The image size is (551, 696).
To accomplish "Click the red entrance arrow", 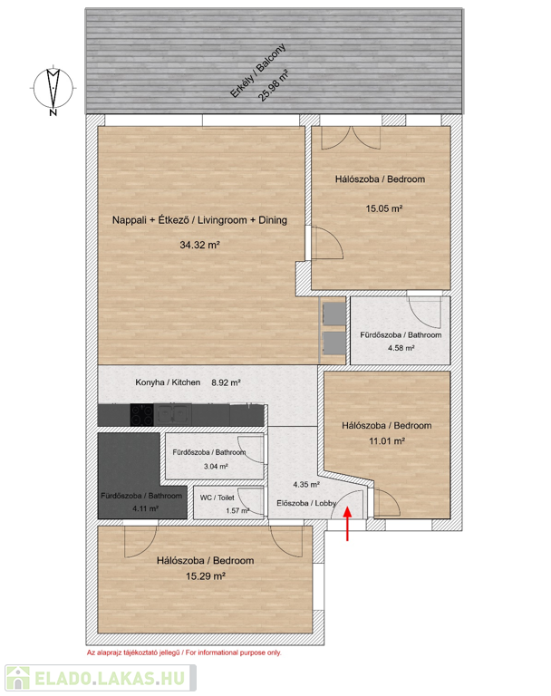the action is click(x=347, y=524).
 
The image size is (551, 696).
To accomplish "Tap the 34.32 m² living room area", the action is click(x=199, y=245).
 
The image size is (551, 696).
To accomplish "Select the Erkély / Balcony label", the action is click(x=257, y=70).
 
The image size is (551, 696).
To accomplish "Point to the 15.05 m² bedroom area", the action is click(x=383, y=208).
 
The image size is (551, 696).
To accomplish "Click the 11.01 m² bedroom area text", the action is click(x=387, y=441).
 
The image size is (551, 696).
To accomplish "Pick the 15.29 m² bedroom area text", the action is click(x=206, y=576).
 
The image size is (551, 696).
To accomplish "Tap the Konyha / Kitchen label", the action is click(x=168, y=382).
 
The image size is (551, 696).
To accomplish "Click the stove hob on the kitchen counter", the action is click(x=141, y=415).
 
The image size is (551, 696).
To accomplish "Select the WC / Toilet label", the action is click(x=217, y=498).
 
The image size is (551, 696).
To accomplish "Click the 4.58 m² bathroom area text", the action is click(x=401, y=348).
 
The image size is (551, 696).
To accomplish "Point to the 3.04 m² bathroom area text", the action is click(x=216, y=467).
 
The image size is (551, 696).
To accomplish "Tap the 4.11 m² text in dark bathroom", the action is click(x=146, y=508).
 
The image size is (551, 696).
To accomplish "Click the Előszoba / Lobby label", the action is click(x=306, y=503).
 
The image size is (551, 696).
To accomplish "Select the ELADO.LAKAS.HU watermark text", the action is click(x=110, y=678).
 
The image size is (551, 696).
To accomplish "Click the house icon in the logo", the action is click(x=18, y=678).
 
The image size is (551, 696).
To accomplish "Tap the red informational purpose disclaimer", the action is click(x=184, y=652).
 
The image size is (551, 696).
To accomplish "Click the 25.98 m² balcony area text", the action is click(x=274, y=86).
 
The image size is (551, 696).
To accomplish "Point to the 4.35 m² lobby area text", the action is click(x=306, y=484).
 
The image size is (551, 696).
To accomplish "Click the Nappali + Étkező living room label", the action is click(x=199, y=219).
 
